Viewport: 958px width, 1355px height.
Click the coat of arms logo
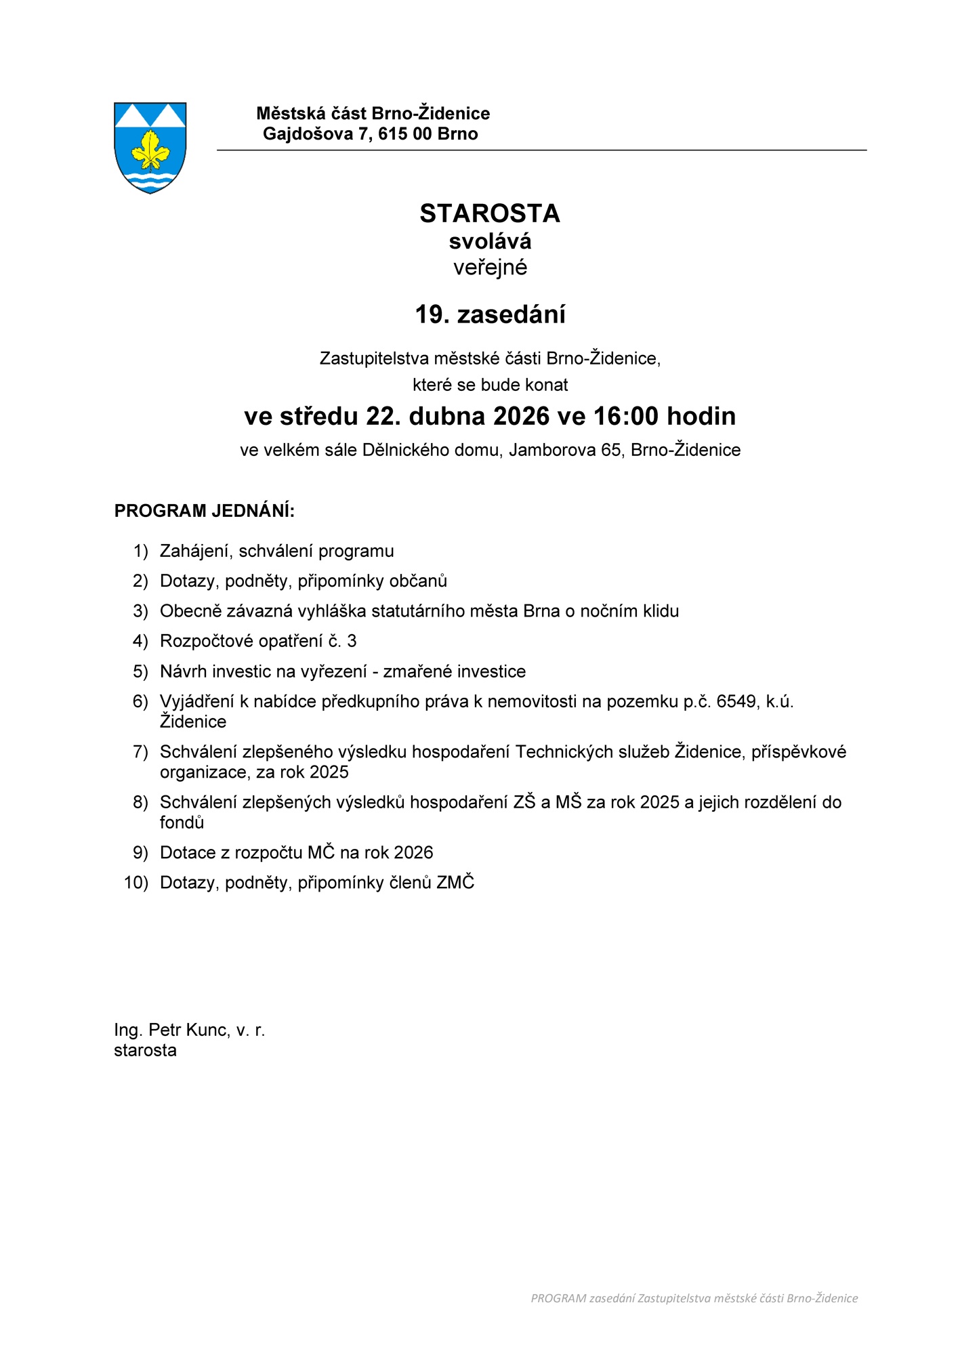point(150,148)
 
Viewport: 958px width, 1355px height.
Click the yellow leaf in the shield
point(150,150)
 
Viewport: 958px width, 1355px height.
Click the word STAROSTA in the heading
point(489,213)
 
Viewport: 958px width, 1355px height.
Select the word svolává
point(489,241)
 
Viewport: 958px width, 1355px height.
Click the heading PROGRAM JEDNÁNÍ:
point(204,511)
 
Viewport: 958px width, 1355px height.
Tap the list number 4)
point(140,641)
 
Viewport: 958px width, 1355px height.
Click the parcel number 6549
point(736,701)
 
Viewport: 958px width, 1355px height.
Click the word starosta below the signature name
point(145,1051)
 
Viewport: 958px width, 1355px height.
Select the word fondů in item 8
point(182,822)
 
